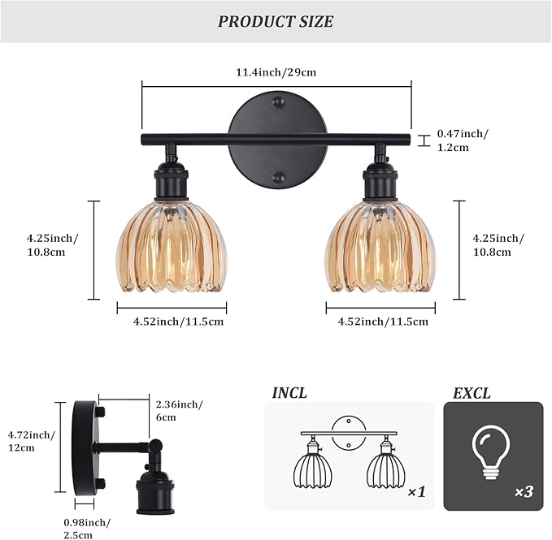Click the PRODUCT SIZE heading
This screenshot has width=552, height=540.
[x=276, y=21]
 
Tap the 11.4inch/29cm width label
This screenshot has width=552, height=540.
[x=276, y=72]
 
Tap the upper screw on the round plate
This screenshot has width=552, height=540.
[x=279, y=104]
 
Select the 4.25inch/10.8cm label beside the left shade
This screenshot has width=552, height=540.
[x=52, y=244]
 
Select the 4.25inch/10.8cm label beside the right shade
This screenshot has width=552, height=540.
[x=498, y=244]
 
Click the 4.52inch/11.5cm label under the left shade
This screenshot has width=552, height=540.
[x=179, y=322]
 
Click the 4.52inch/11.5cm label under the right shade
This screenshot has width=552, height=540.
[x=384, y=322]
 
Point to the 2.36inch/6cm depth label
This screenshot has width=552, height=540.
[x=179, y=410]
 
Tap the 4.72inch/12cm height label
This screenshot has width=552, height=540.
[x=29, y=441]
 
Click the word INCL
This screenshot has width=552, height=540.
[x=289, y=394]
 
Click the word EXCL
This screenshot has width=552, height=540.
[x=472, y=394]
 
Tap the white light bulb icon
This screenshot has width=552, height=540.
[x=489, y=451]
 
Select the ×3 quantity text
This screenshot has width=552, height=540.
[x=524, y=492]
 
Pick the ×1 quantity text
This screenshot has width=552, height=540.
[x=415, y=492]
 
